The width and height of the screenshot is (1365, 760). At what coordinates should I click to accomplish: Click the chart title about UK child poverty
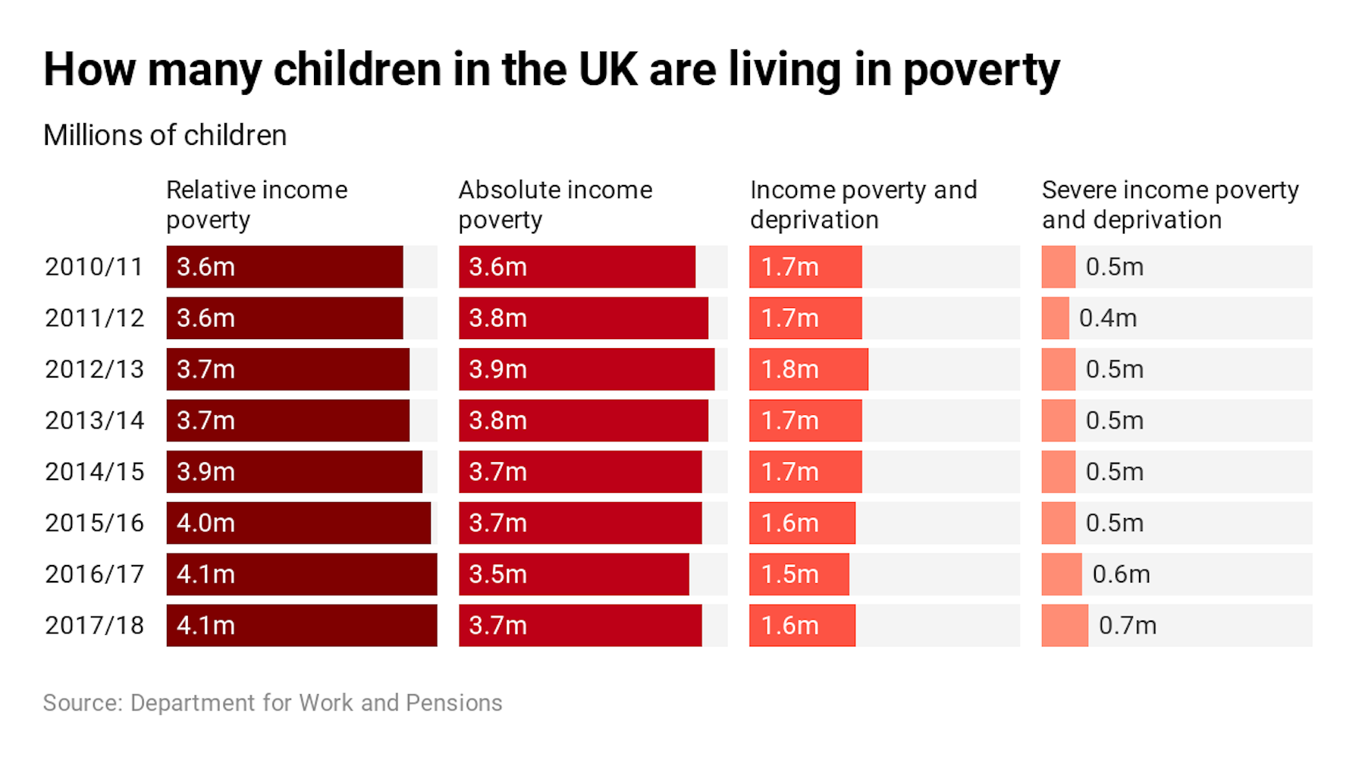click(551, 70)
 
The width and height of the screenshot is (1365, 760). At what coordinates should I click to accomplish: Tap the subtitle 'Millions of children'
click(165, 135)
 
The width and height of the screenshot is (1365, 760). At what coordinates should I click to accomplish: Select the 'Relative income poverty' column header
click(256, 204)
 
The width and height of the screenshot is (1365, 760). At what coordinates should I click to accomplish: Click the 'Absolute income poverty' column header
click(555, 204)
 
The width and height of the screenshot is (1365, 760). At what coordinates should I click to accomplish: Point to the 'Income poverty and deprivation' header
click(863, 204)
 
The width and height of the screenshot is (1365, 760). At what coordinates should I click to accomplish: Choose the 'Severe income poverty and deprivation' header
click(1169, 204)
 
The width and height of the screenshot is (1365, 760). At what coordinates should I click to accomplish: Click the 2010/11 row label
click(94, 267)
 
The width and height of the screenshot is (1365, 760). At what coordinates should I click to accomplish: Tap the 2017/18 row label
click(94, 626)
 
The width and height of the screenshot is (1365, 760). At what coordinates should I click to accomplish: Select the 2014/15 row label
click(94, 472)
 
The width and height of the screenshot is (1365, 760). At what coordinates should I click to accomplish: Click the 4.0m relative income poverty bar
click(298, 523)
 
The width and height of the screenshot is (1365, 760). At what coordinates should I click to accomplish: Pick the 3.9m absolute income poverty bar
click(586, 369)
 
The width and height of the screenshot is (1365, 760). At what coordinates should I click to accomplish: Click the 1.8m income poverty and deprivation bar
click(808, 369)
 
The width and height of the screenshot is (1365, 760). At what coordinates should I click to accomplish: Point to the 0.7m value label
click(1127, 626)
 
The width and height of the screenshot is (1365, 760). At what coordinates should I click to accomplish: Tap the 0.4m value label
click(1107, 319)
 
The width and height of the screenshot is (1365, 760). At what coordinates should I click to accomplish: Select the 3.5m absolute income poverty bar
click(573, 574)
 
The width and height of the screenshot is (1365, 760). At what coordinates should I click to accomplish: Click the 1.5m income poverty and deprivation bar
click(799, 574)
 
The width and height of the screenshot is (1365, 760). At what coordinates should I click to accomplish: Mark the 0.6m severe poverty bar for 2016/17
click(1061, 574)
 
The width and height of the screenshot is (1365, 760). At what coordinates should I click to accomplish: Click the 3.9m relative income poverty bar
click(294, 472)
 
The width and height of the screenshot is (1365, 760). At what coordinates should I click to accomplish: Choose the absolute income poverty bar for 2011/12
click(583, 319)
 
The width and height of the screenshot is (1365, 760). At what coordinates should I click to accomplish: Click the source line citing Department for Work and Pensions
click(272, 703)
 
